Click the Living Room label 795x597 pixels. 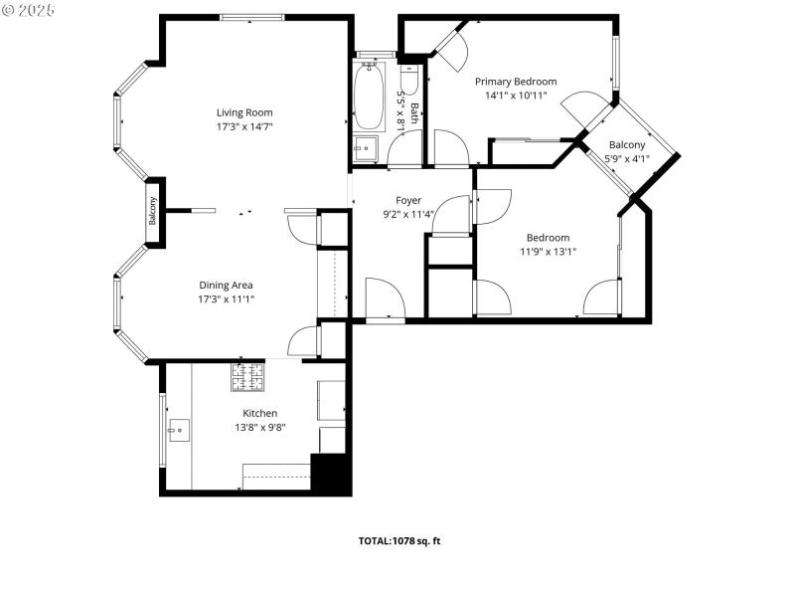point(244,112)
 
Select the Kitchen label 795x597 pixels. point(260,413)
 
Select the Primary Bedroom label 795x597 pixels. point(515,82)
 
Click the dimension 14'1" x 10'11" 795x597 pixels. point(515,96)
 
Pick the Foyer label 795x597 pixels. point(408,200)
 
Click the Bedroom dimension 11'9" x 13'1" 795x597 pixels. point(548,252)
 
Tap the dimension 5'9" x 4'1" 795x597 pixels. point(627,157)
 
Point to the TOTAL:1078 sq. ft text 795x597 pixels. point(398,541)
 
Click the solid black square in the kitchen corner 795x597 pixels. point(331,474)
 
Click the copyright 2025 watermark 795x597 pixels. point(29,9)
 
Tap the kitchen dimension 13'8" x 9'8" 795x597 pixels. point(260,427)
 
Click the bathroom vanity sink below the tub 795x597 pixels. point(366,149)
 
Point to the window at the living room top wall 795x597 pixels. point(251,17)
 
